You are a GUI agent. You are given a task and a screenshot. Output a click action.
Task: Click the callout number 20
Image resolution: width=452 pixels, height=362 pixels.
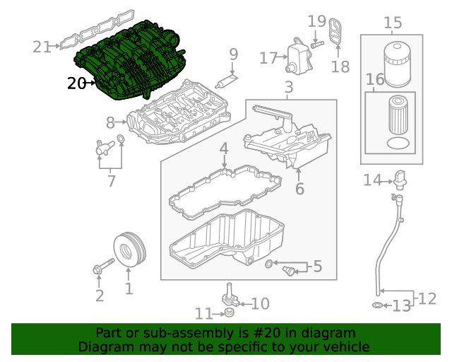click(76, 83)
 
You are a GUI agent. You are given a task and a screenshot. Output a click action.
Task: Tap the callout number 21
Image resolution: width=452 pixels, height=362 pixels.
click(42, 47)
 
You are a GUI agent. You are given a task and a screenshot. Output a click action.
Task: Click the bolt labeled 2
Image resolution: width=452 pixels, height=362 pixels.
click(102, 268)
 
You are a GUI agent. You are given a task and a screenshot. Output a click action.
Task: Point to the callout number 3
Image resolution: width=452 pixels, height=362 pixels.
click(288, 88)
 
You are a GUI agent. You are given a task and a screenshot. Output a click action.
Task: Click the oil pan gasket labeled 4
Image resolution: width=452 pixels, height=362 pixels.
click(224, 187)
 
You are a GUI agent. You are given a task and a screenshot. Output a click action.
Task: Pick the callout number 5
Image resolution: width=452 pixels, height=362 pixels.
click(317, 267)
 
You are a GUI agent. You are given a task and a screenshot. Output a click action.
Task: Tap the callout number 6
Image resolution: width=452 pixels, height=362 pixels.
click(299, 189)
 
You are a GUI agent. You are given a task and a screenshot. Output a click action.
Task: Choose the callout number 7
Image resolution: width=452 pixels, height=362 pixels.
click(111, 181)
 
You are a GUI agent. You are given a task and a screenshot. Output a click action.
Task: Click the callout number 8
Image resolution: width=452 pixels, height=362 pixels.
click(111, 122)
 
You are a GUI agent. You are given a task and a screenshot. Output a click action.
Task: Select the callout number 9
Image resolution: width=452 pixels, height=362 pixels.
click(233, 54)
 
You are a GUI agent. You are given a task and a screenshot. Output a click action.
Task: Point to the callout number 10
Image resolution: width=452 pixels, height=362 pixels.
click(260, 304)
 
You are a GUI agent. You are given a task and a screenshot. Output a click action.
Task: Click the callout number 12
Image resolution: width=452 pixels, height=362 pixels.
click(428, 299)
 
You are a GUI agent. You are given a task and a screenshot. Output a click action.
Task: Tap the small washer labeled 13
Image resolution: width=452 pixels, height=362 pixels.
click(378, 305)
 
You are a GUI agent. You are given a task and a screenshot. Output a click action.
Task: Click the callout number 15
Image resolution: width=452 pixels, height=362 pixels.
click(393, 23)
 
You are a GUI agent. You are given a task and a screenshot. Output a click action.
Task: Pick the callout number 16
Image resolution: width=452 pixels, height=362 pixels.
click(375, 79)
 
